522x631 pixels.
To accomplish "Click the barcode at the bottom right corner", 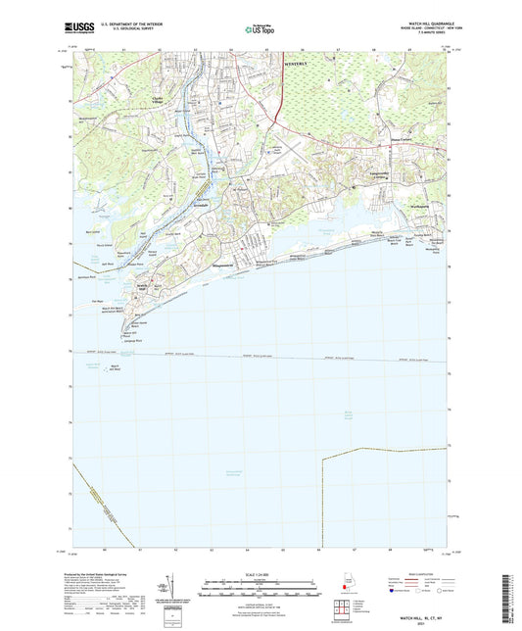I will coord(512,597).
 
